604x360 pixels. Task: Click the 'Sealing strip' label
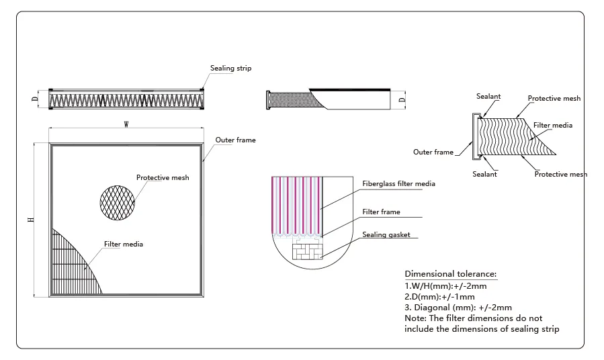(x=230, y=69)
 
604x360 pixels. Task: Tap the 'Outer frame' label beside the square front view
(x=235, y=140)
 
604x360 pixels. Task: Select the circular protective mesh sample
(x=118, y=200)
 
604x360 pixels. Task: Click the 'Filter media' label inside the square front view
(x=123, y=244)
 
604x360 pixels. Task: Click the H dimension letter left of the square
(x=30, y=220)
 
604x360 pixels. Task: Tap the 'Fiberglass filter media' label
(x=398, y=183)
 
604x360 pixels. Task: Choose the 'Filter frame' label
(x=381, y=212)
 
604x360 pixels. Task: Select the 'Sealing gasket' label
(x=386, y=235)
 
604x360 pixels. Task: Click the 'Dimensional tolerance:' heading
(x=450, y=274)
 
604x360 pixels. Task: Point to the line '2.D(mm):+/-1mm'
(x=439, y=296)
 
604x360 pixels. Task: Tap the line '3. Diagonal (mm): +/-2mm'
(x=458, y=307)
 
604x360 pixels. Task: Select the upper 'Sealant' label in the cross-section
(x=488, y=97)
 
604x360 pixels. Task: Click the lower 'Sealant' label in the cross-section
(x=484, y=175)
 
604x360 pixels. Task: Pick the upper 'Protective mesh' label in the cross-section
(x=554, y=99)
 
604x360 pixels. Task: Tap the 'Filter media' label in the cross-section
(x=552, y=126)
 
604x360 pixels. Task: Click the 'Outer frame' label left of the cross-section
(x=433, y=152)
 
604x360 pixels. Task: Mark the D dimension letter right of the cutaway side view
(x=401, y=100)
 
